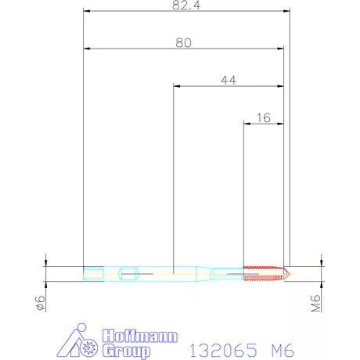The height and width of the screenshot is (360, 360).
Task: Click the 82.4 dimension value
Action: pos(185,5)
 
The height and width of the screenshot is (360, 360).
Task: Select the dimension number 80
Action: pos(182,44)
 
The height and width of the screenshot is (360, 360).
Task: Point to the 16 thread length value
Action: pos(263,118)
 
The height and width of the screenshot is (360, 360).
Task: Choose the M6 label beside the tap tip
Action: pos(316,301)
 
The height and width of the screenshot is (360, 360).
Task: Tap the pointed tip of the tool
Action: pos(291,272)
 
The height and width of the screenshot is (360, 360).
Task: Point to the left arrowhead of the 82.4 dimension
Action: pos(86,12)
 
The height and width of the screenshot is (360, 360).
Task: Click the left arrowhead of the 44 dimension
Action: pos(175,85)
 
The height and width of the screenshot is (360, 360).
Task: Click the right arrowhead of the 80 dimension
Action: pos(281,49)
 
